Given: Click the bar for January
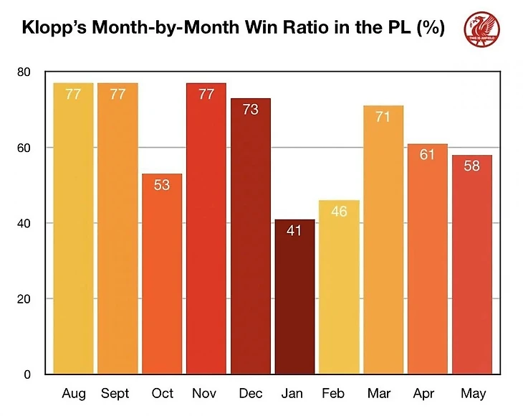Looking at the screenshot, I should (294, 297).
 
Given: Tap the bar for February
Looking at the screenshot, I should (339, 287).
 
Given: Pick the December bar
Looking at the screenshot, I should (250, 236).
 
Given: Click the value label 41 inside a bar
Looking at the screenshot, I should (294, 232).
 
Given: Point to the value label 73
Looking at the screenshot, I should (250, 110).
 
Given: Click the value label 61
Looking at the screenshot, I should (428, 155).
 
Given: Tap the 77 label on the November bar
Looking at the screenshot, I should (206, 94).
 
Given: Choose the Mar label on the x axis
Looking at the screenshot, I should (383, 393).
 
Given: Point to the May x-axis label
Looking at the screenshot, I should (473, 393).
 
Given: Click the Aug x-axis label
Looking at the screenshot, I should (73, 393).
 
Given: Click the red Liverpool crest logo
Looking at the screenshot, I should (482, 29).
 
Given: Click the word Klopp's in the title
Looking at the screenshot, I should (62, 29).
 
